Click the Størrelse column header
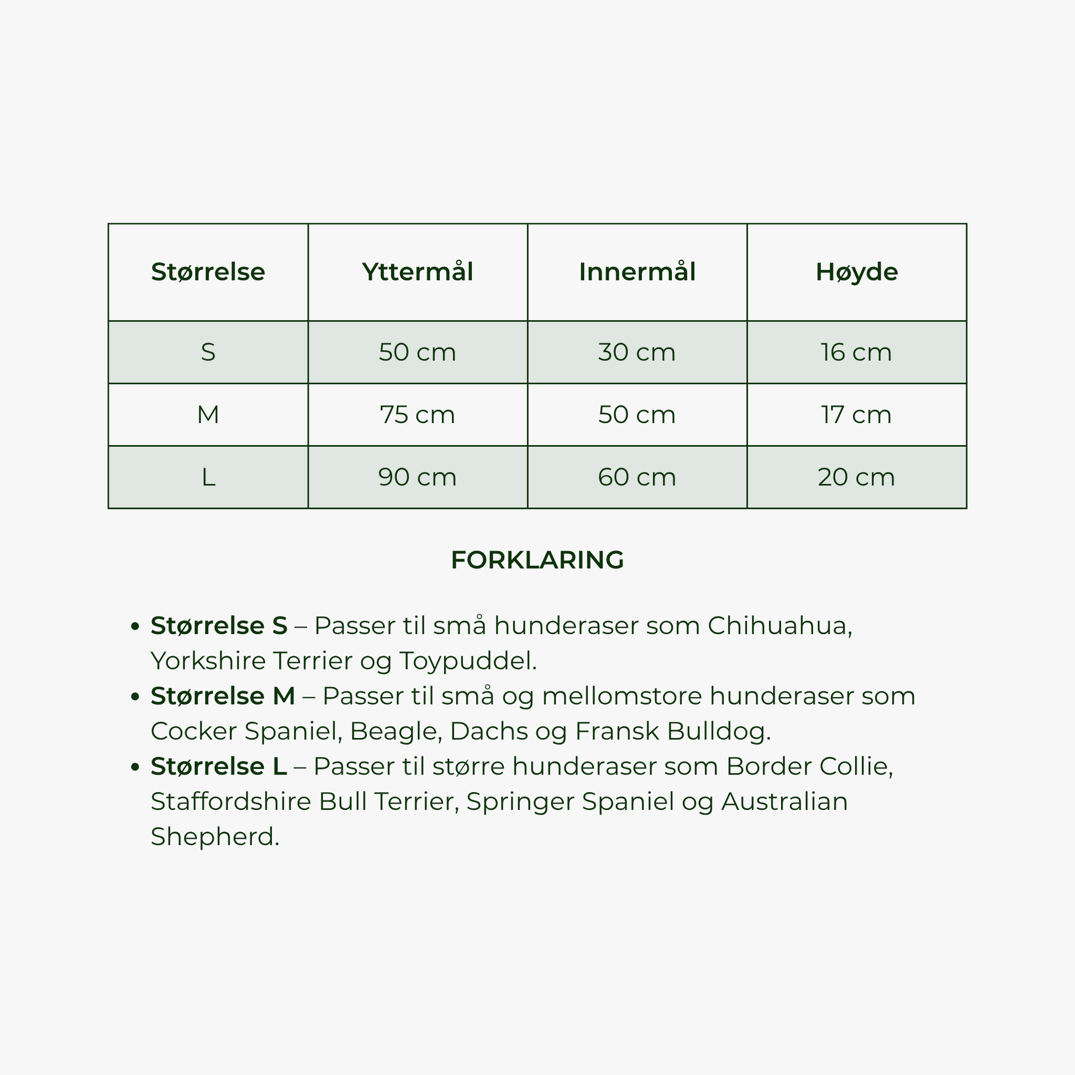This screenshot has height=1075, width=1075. (x=208, y=272)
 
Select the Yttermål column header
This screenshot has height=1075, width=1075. (x=417, y=272)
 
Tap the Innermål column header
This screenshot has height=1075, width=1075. (x=637, y=272)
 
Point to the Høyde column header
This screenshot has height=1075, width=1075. (x=856, y=272)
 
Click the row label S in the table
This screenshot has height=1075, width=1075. (x=208, y=352)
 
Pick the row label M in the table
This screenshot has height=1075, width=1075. (x=208, y=414)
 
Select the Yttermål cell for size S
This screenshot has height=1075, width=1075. (x=417, y=352)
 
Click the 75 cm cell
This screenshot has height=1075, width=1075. (x=417, y=414)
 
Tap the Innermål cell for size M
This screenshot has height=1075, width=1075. (x=637, y=414)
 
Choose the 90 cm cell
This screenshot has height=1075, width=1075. (x=417, y=477)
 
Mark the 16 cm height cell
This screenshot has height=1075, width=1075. (x=856, y=352)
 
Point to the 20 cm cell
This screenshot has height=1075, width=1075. (x=856, y=477)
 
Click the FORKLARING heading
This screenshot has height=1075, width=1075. (x=537, y=560)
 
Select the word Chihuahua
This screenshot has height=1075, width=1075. (x=779, y=626)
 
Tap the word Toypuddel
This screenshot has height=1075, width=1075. (x=467, y=662)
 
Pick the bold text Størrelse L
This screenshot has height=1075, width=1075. (x=219, y=766)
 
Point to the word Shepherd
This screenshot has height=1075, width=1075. (x=214, y=836)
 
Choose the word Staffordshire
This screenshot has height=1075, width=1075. (x=231, y=801)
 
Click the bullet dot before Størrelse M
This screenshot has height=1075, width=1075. (x=134, y=697)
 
